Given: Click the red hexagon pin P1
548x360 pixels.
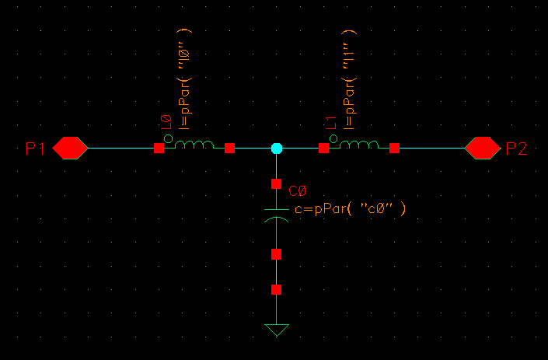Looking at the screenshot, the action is coord(70,149).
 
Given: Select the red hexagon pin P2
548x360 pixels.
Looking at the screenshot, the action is coord(482,149).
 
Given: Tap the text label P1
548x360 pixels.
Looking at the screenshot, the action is coord(35,149).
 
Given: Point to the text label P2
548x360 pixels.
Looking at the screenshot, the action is coord(517,149).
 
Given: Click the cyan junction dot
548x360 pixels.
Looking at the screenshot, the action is coord(277,149).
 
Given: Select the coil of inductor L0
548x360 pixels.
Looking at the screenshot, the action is coord(194,145).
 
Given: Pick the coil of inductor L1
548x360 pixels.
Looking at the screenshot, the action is coord(359,145).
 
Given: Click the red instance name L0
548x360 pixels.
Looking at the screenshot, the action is coord(166,122).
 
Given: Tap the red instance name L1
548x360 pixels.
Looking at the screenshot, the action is coord(331,123).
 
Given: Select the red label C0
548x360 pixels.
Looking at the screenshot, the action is coord(298,191).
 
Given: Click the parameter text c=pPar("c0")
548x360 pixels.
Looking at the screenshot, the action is coord(351,209).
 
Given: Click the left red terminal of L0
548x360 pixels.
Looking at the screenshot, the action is coord(159,149).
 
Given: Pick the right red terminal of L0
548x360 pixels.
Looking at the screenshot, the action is coord(229,149).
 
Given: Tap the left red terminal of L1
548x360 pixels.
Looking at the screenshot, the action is coord(323,149).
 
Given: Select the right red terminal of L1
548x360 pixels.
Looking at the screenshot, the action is coord(395,149).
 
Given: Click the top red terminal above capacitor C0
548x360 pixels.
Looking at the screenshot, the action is coord(277,183).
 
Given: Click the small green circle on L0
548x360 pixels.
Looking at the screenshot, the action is coord(168,138).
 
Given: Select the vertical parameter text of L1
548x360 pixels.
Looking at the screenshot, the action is coord(349,79).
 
